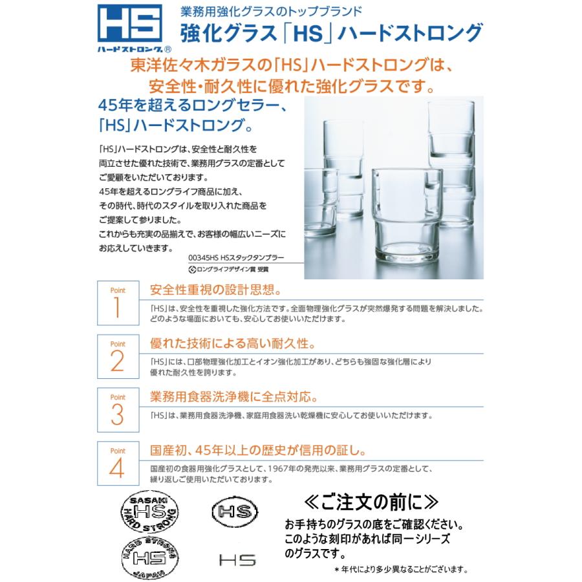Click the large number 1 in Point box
point(117,308)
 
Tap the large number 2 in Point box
point(117,361)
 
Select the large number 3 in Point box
point(117,415)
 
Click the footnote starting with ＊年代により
point(401,570)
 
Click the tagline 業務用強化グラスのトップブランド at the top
point(261,11)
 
